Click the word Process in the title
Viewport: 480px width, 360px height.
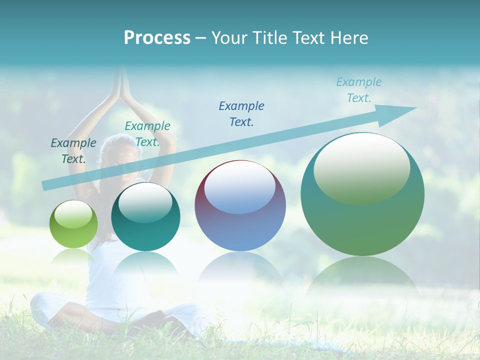click(x=157, y=38)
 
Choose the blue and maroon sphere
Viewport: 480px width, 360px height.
click(x=240, y=225)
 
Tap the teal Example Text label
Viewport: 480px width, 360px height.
click(x=147, y=134)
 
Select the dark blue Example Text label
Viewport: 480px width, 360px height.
click(x=241, y=114)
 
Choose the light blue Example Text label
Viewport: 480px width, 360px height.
click(x=358, y=90)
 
